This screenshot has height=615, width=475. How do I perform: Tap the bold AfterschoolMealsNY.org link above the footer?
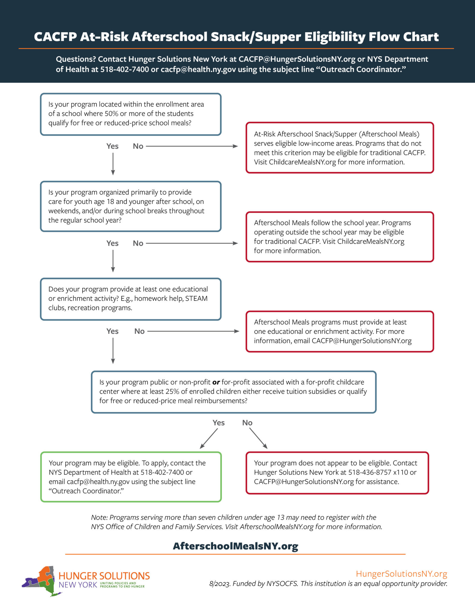236,546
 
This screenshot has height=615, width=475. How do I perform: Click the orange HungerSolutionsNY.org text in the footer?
401,574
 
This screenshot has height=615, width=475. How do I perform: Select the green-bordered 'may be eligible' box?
131,477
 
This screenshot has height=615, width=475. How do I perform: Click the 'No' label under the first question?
138,146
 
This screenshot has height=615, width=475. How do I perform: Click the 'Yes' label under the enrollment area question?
113,146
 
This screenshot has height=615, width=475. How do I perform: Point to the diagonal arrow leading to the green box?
209,438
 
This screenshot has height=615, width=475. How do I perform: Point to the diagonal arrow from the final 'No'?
258,438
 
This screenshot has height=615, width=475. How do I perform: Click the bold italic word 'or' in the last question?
216,382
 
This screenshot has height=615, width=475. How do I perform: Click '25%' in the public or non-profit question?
172,392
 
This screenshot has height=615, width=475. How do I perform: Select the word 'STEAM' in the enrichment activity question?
196,298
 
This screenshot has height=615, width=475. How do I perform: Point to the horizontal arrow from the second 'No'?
192,243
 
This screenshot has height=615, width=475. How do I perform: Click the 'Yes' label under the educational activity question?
113,331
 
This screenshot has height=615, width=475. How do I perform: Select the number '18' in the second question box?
110,201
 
